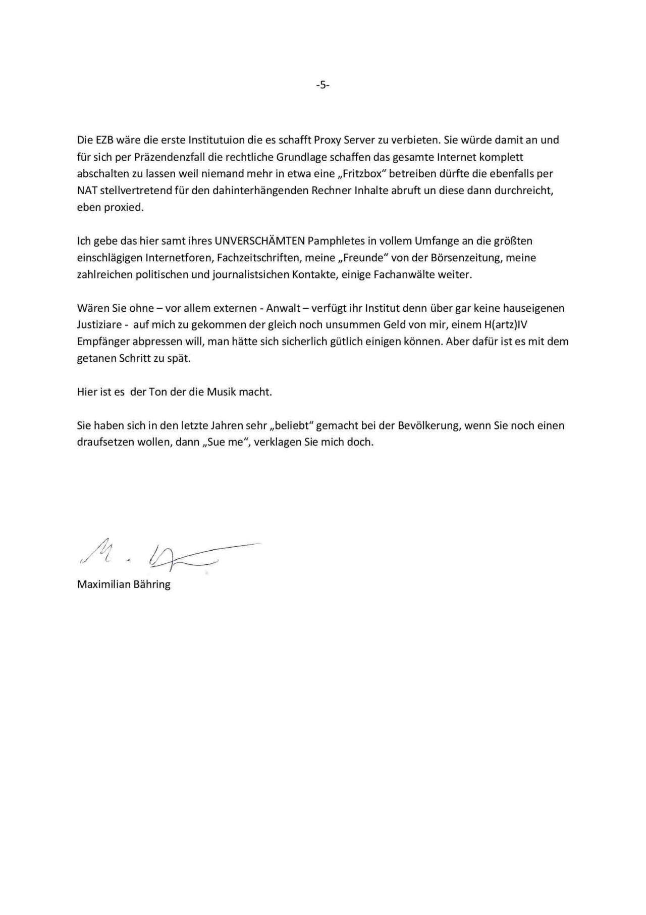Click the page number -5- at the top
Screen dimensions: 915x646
322,85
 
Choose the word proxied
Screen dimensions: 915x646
124,208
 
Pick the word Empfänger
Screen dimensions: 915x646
103,342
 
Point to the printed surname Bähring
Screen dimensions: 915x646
151,585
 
